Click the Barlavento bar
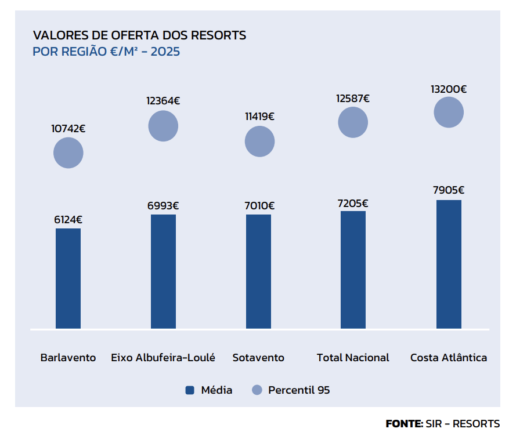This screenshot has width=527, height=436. click(x=68, y=278)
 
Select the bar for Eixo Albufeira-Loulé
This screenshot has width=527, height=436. click(x=163, y=271)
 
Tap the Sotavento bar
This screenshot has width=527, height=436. click(x=258, y=271)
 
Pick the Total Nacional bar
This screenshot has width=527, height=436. click(x=353, y=270)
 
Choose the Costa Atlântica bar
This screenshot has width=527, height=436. click(x=449, y=264)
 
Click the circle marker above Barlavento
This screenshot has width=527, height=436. click(x=68, y=153)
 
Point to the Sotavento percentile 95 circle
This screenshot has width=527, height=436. click(x=259, y=141)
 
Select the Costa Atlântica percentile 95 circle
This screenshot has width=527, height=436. click(x=449, y=112)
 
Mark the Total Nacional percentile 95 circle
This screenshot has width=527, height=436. click(x=353, y=122)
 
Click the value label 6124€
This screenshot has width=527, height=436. click(x=68, y=220)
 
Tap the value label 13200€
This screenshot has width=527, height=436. click(x=449, y=89)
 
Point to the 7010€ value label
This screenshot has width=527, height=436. click(x=259, y=206)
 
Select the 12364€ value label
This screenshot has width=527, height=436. click(x=163, y=101)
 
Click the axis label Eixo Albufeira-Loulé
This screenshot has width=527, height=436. click(x=163, y=358)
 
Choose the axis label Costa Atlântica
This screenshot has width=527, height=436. click(x=449, y=358)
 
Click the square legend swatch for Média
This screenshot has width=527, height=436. click(x=190, y=390)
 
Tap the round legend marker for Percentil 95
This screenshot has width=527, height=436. click(x=257, y=390)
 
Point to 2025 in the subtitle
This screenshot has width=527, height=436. click(x=165, y=52)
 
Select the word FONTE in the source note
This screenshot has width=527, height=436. click(x=404, y=424)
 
